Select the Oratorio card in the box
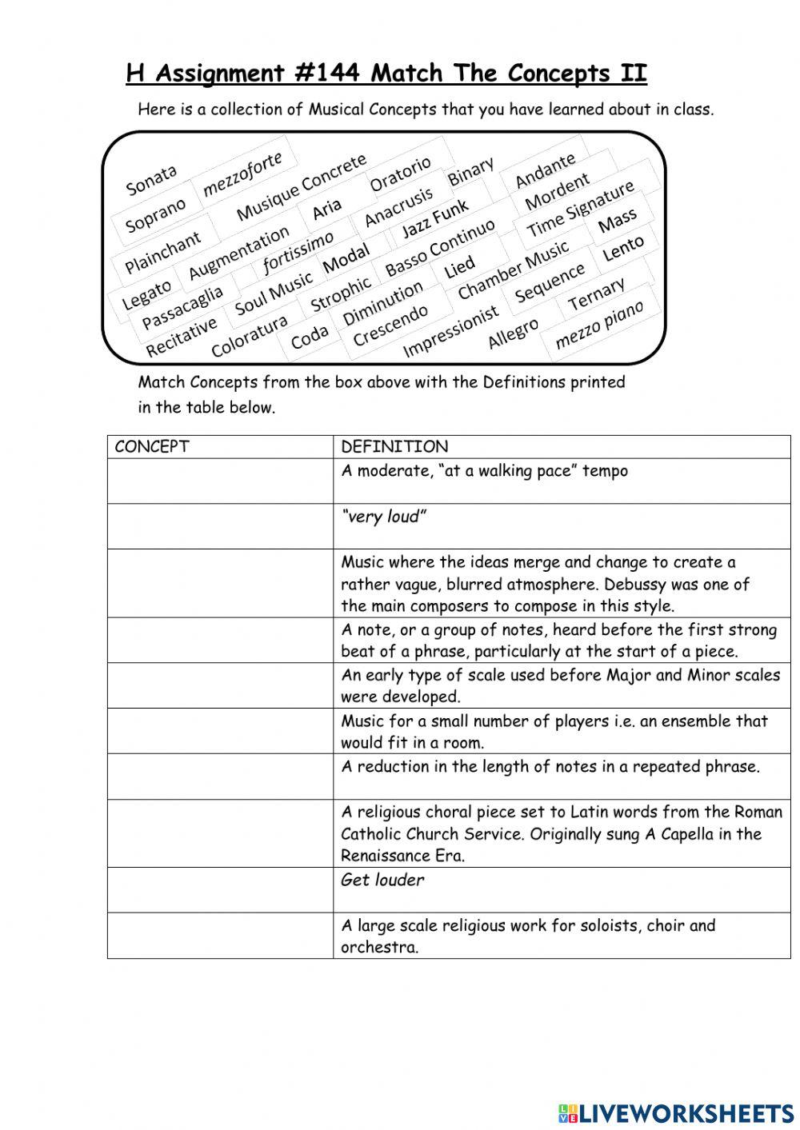[400, 174]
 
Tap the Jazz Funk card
[435, 219]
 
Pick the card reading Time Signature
[581, 210]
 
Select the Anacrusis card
[398, 207]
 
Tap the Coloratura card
[249, 337]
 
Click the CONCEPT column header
[152, 447]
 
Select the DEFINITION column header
[394, 447]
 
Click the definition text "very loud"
[383, 517]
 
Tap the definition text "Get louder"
[382, 880]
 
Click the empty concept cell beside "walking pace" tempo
[220, 481]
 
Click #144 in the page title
[326, 74]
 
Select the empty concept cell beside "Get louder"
[220, 890]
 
